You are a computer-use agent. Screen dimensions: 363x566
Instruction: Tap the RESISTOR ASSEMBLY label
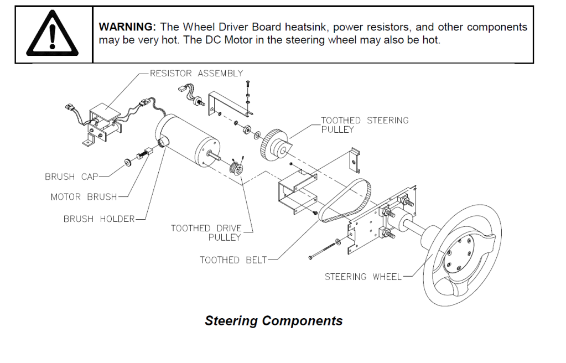point(196,73)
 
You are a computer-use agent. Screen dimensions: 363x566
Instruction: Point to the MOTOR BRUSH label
point(84,197)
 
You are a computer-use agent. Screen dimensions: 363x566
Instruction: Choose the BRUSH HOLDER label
point(98,219)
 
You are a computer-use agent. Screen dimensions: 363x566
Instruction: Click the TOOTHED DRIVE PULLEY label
point(206,232)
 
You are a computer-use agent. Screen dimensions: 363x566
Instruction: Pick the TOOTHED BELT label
point(233,260)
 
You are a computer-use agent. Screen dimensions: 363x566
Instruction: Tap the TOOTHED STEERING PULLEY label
point(365,125)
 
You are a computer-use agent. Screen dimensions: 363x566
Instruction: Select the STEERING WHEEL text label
point(363,276)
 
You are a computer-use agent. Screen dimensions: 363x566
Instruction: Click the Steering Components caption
point(273,321)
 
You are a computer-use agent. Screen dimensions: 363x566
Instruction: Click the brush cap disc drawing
point(128,162)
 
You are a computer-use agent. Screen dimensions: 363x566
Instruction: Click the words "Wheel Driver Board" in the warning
point(222,27)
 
